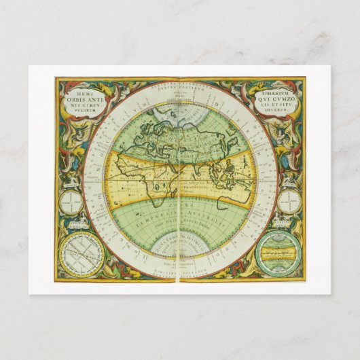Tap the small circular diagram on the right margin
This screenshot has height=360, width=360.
[x=289, y=201]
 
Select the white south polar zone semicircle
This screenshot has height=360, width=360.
[x=181, y=243]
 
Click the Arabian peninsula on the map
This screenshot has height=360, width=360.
[x=189, y=166]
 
